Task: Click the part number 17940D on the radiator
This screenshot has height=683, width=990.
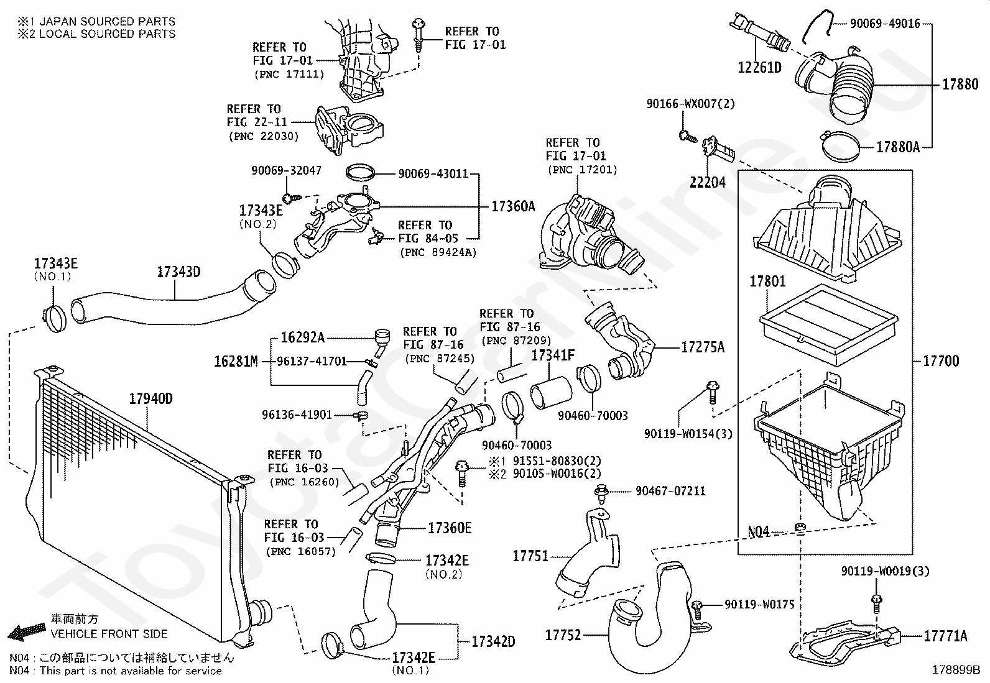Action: (150, 398)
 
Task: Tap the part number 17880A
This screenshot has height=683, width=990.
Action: (897, 147)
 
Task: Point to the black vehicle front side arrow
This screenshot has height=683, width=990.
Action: (27, 631)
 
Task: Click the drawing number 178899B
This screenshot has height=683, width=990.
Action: (956, 670)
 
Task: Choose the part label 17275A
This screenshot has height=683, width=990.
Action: (703, 347)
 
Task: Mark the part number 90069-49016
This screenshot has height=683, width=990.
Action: (885, 24)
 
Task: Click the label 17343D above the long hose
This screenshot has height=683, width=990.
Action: (178, 272)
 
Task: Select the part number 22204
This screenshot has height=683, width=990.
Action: (708, 182)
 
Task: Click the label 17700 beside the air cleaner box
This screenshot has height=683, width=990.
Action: (941, 361)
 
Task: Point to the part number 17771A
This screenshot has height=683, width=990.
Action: (945, 636)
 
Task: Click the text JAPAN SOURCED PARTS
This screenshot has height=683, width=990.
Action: (108, 21)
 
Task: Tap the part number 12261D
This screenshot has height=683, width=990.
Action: (759, 67)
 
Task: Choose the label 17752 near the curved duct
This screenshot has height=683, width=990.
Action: (563, 635)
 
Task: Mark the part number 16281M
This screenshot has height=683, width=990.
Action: (236, 361)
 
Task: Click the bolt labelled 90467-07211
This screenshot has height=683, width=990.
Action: (601, 494)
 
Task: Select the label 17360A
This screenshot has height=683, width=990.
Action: (513, 206)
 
